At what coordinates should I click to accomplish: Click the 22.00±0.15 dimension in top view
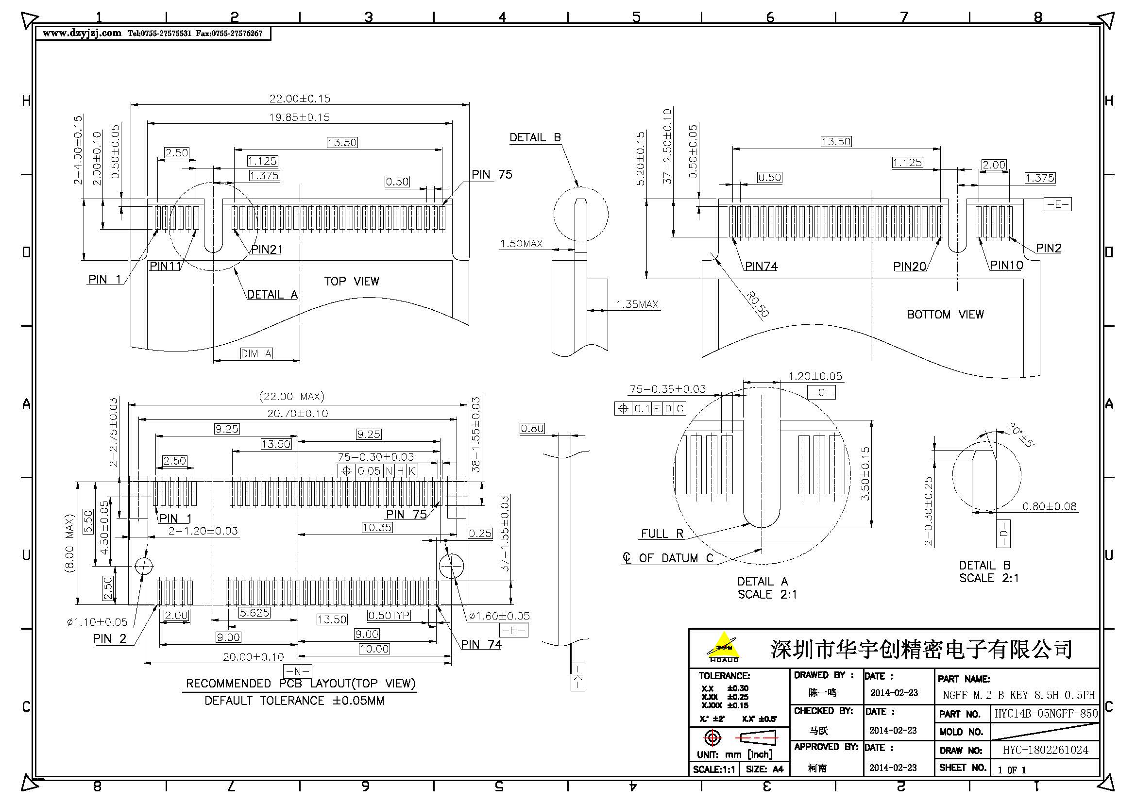tap(299, 99)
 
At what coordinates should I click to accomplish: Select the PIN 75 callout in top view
tap(492, 175)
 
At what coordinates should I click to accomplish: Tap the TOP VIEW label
tap(351, 282)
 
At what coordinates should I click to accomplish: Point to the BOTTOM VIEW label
tap(945, 315)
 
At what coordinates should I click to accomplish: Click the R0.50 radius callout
tap(758, 304)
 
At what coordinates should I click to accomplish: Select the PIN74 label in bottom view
tap(761, 266)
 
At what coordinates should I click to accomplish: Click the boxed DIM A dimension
tap(256, 353)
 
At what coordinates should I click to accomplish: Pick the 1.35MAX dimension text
tap(637, 304)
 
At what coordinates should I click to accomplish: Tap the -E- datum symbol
tap(1057, 204)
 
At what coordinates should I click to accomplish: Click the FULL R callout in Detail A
tap(661, 534)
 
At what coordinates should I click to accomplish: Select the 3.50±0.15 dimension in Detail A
tap(865, 473)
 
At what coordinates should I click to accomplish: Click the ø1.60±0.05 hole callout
tap(499, 616)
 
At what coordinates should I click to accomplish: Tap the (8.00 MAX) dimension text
tap(69, 543)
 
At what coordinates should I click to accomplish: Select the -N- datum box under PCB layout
tap(297, 671)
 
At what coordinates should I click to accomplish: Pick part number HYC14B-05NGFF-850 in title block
tap(1046, 714)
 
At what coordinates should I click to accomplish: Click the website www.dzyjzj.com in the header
tap(82, 33)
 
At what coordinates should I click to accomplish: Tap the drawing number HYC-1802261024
tap(1045, 750)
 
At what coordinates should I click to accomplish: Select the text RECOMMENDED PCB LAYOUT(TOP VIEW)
tap(300, 684)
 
